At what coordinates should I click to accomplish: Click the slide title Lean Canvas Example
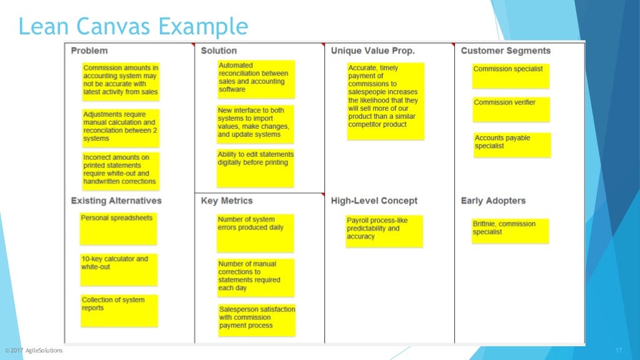[132, 27]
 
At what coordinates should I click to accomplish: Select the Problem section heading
[89, 51]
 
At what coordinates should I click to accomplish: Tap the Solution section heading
[219, 51]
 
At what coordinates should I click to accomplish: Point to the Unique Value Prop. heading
[372, 51]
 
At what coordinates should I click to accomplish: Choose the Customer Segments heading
[506, 51]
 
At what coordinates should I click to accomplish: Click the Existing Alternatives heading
[116, 201]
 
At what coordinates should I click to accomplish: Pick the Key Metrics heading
[227, 201]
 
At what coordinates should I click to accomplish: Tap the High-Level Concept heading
[374, 201]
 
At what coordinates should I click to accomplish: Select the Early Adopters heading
[493, 201]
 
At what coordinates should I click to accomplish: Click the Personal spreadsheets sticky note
[118, 229]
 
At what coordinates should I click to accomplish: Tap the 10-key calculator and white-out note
[119, 269]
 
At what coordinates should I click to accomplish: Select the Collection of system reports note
[119, 310]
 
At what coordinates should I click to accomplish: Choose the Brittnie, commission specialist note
[511, 231]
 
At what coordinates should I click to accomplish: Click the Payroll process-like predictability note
[384, 231]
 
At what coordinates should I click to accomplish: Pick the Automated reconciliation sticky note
[256, 79]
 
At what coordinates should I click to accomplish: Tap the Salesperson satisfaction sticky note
[257, 320]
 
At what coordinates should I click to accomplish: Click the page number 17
[619, 351]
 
